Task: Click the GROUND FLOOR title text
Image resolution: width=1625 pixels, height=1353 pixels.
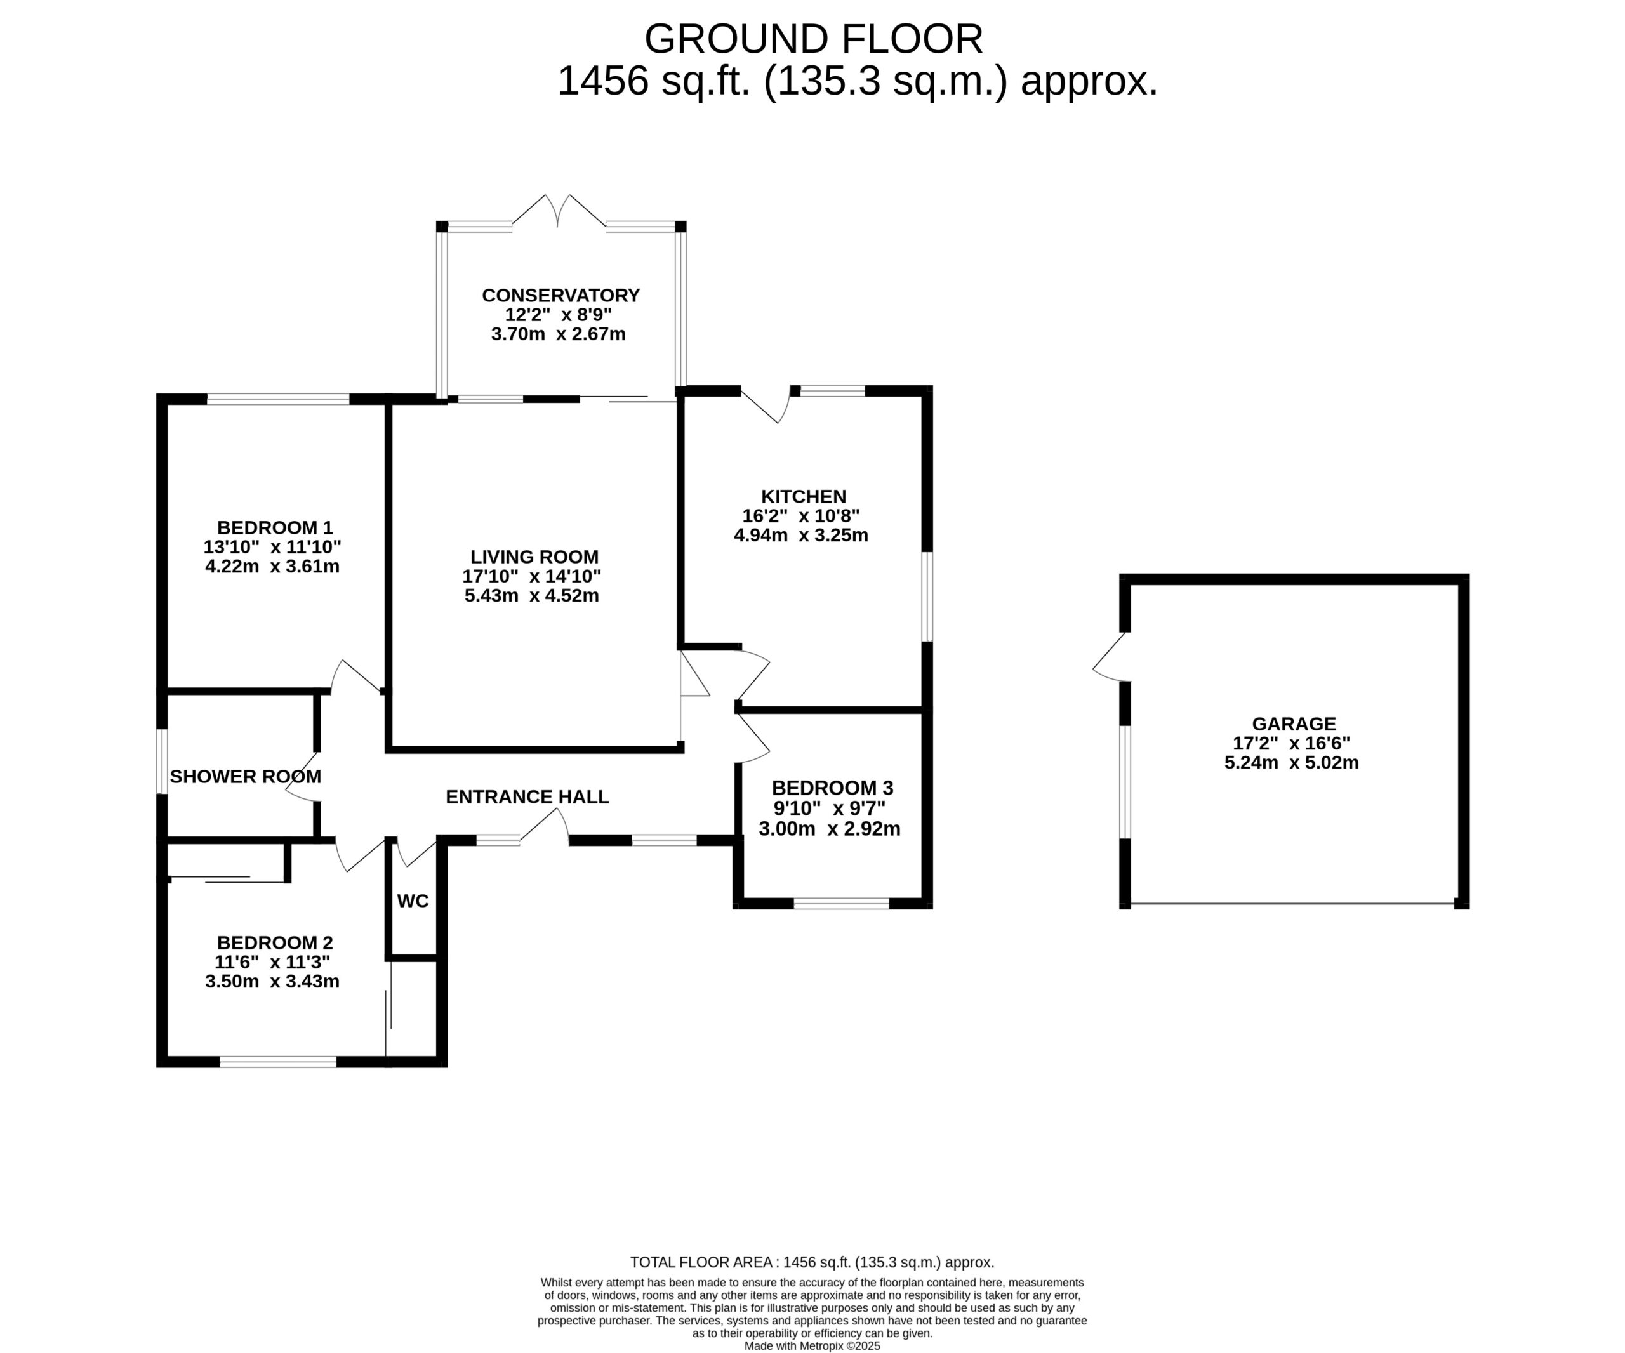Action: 813,39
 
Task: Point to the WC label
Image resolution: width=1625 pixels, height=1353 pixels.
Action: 413,901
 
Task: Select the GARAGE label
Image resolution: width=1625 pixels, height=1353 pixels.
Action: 1294,723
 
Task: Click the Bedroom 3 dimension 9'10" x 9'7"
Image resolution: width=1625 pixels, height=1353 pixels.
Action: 830,808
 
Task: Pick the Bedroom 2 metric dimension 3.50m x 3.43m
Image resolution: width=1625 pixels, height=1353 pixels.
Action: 272,982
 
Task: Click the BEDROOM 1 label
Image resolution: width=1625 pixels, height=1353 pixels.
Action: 275,527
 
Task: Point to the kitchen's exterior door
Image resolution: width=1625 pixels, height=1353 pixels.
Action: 766,405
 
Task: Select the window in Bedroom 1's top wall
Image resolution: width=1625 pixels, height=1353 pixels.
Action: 279,399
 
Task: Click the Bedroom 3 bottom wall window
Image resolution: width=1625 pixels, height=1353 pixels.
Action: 841,903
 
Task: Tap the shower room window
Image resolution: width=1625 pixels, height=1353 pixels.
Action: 162,761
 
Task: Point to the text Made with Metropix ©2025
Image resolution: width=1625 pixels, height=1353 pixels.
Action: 812,1346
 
